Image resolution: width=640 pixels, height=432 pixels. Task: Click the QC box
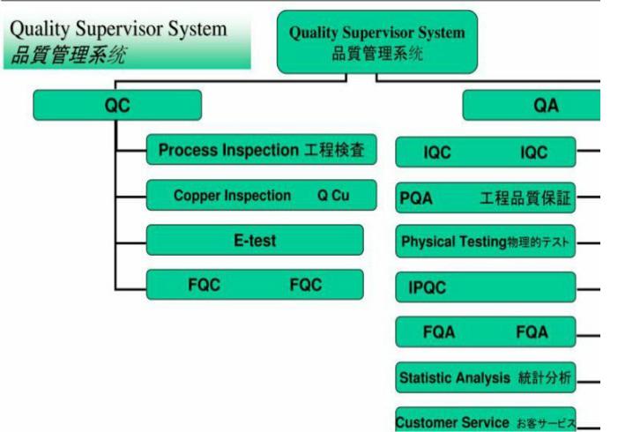point(116,106)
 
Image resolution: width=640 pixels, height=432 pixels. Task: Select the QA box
point(532,106)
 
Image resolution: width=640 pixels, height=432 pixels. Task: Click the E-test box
point(254,240)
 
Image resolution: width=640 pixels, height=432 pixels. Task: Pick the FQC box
point(254,285)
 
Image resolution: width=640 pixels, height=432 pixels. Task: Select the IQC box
point(485,153)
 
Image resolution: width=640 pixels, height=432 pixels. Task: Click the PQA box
point(485,198)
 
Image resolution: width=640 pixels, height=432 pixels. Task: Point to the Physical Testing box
point(485,242)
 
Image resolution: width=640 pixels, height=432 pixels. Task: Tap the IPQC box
point(485,287)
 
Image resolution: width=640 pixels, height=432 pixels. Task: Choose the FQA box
point(485,332)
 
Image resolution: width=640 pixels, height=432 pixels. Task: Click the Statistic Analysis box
point(485,378)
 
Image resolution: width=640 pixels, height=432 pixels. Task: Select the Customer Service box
point(485,421)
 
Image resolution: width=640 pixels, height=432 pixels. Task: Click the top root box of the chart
point(376,41)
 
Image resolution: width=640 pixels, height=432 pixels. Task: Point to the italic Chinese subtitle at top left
point(68,55)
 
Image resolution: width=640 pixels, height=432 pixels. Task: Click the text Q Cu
point(333,196)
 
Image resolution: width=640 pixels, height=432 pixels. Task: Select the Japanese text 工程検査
point(334,151)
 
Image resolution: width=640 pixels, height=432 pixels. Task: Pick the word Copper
point(196,196)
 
